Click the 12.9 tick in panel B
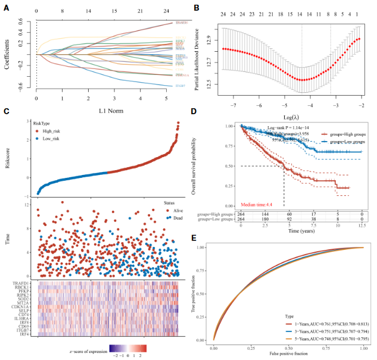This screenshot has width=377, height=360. [x=209, y=39]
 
